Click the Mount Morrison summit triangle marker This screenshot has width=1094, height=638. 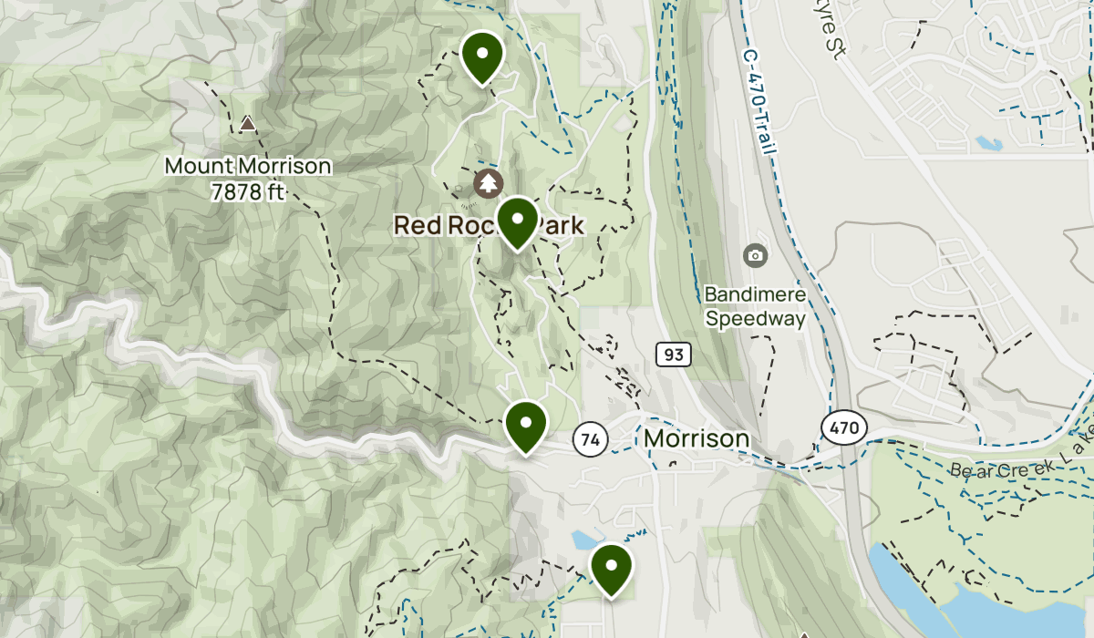click(248, 123)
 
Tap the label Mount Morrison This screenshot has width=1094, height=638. click(248, 167)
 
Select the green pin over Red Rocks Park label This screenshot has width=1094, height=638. click(517, 221)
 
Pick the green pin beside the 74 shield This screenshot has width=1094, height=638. click(526, 426)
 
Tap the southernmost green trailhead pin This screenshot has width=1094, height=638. click(612, 568)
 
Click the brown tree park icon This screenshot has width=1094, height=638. click(490, 183)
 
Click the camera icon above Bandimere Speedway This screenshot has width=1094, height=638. click(755, 255)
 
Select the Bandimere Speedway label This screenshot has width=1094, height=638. click(756, 307)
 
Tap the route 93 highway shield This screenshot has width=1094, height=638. click(673, 354)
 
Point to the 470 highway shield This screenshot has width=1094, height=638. click(843, 427)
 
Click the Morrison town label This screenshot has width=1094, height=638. click(697, 439)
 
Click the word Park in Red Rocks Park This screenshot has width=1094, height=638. click(560, 224)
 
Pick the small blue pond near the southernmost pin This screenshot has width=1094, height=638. click(584, 540)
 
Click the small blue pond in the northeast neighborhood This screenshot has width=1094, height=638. click(988, 143)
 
